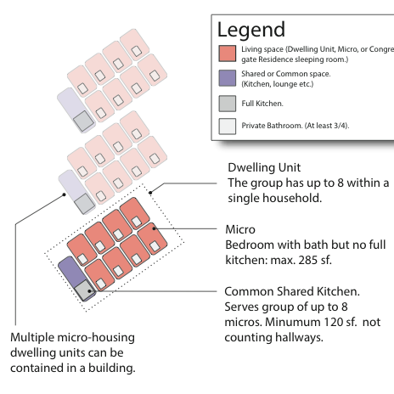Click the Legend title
[x=251, y=30]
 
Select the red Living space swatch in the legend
[x=227, y=53]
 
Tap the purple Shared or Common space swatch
[x=227, y=78]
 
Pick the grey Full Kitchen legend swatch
[x=227, y=104]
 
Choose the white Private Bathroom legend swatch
[x=227, y=127]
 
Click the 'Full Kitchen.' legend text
[x=262, y=104]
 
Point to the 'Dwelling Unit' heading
[x=264, y=167]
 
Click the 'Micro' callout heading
[x=240, y=229]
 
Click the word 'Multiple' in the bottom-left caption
[x=31, y=338]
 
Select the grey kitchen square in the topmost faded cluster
[x=83, y=121]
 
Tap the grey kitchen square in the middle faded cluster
[x=85, y=204]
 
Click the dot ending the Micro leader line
[x=155, y=228]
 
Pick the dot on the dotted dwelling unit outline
[x=150, y=193]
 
